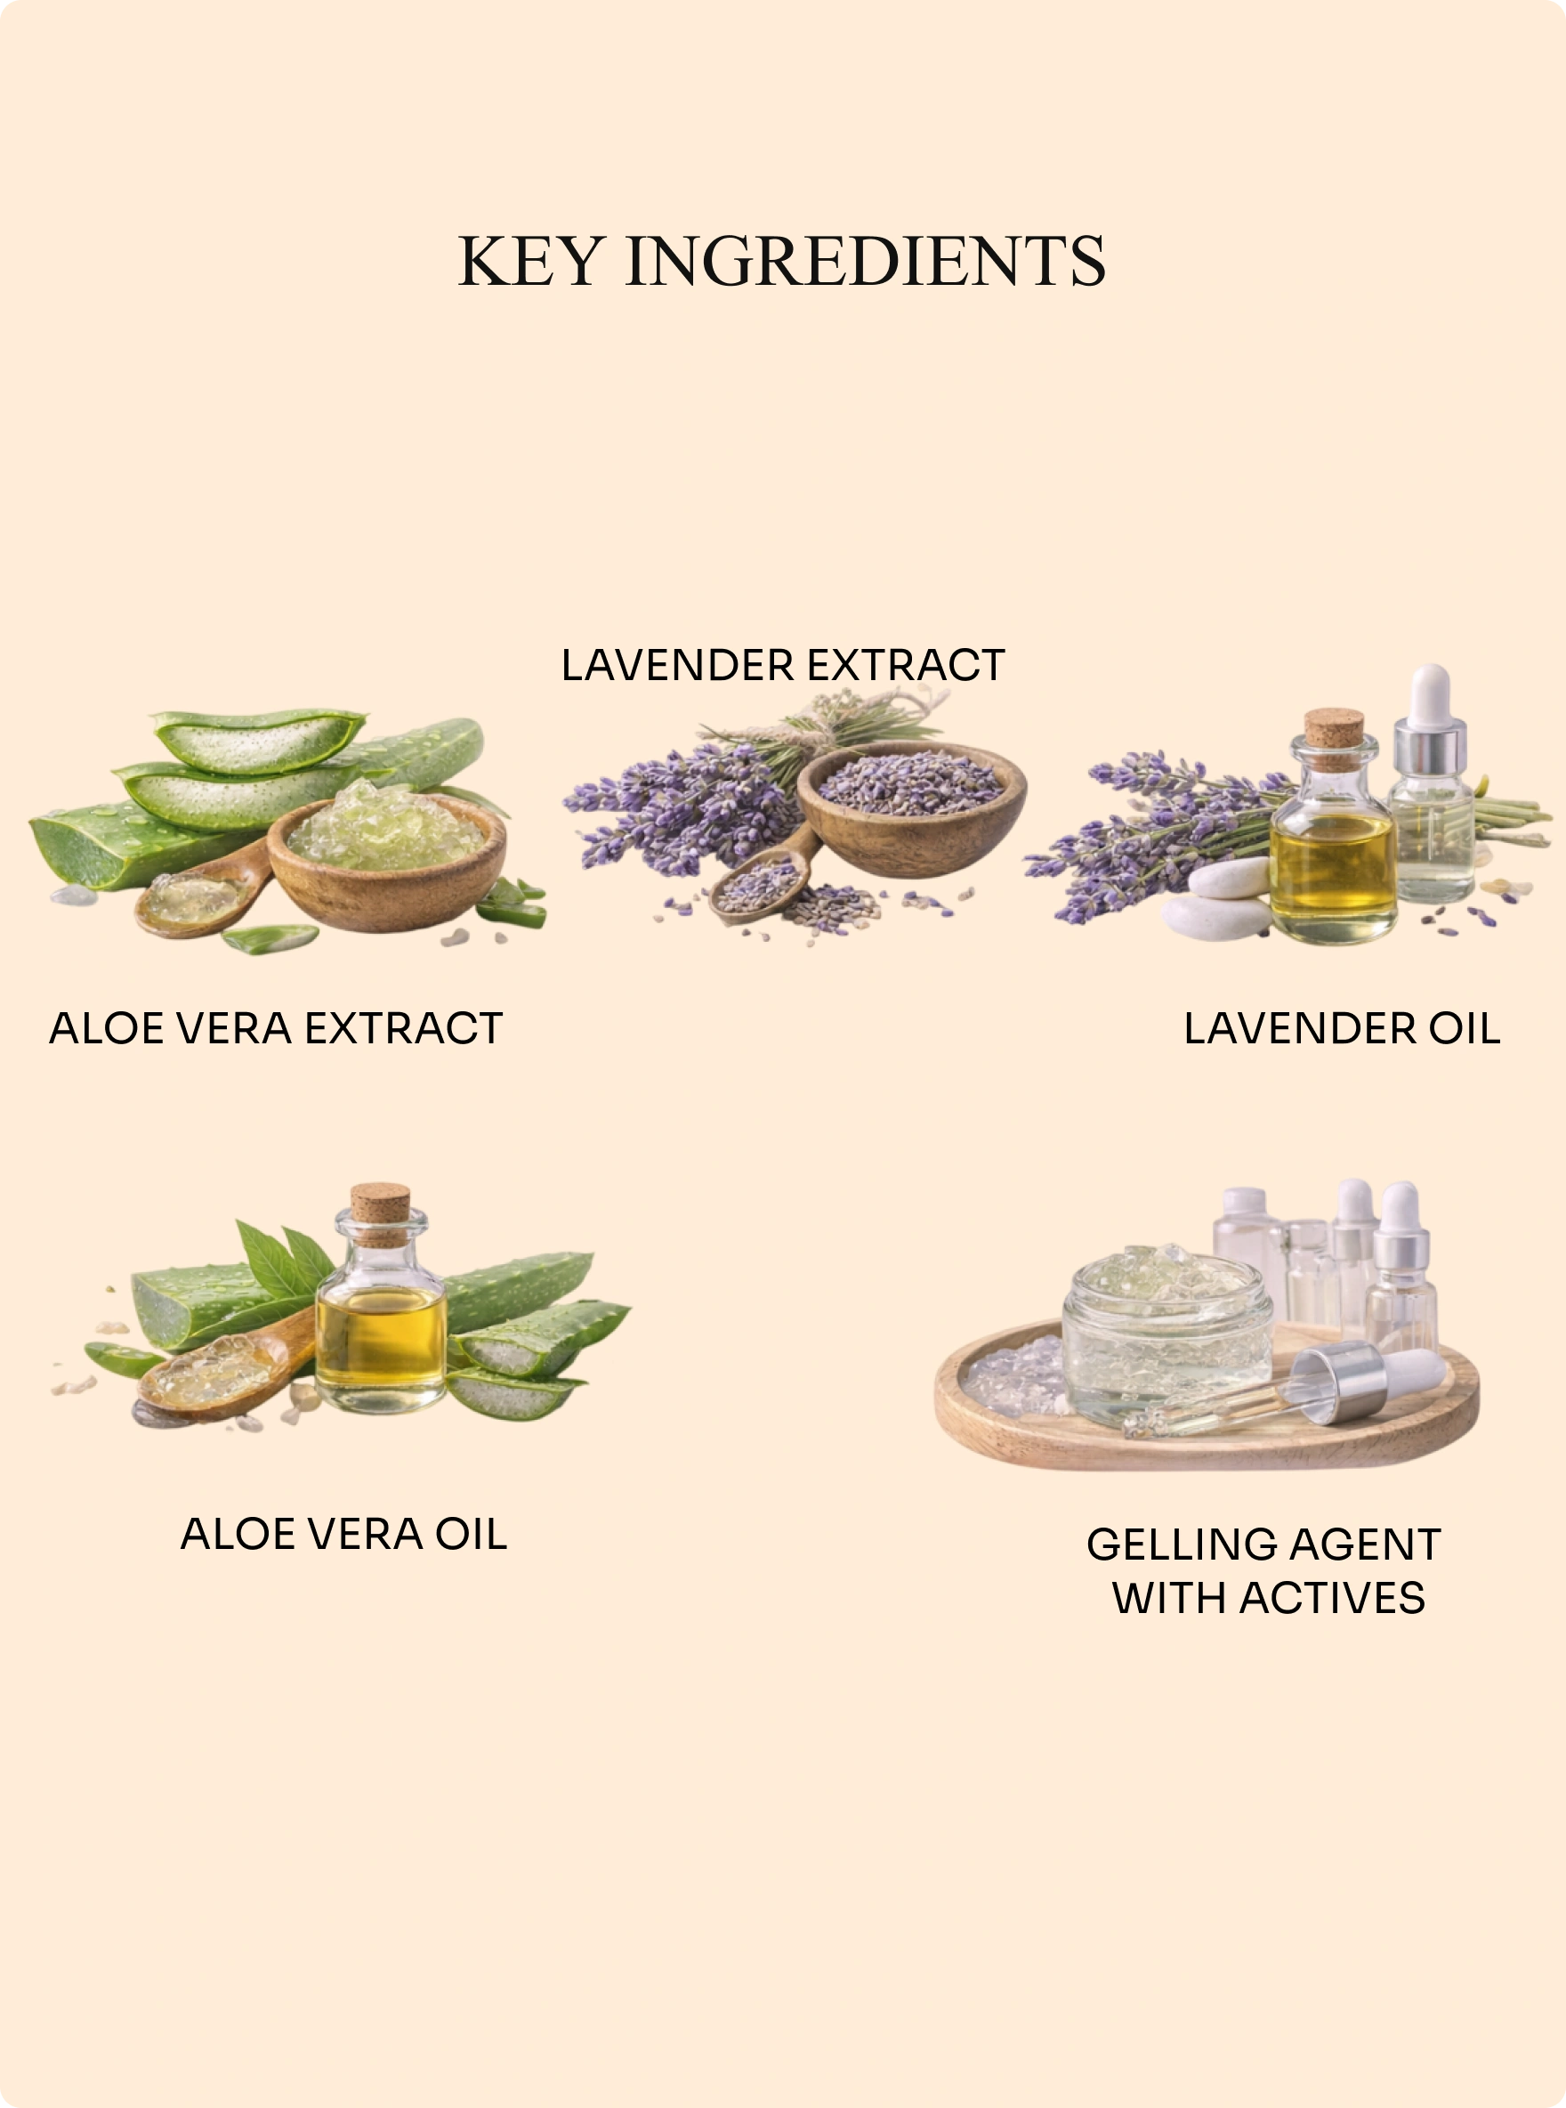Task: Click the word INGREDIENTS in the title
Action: pyautogui.click(x=866, y=261)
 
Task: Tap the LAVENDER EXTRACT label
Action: pyautogui.click(x=783, y=665)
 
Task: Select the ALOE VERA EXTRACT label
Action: pyautogui.click(x=276, y=1028)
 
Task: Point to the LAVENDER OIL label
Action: pyautogui.click(x=1343, y=1028)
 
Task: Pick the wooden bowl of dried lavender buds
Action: pyautogui.click(x=911, y=809)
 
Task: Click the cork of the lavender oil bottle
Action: pyautogui.click(x=1334, y=727)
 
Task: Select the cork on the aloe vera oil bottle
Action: pyautogui.click(x=380, y=1213)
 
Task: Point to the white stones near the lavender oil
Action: pyautogui.click(x=1219, y=901)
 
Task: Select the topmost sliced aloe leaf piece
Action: pyautogui.click(x=258, y=740)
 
